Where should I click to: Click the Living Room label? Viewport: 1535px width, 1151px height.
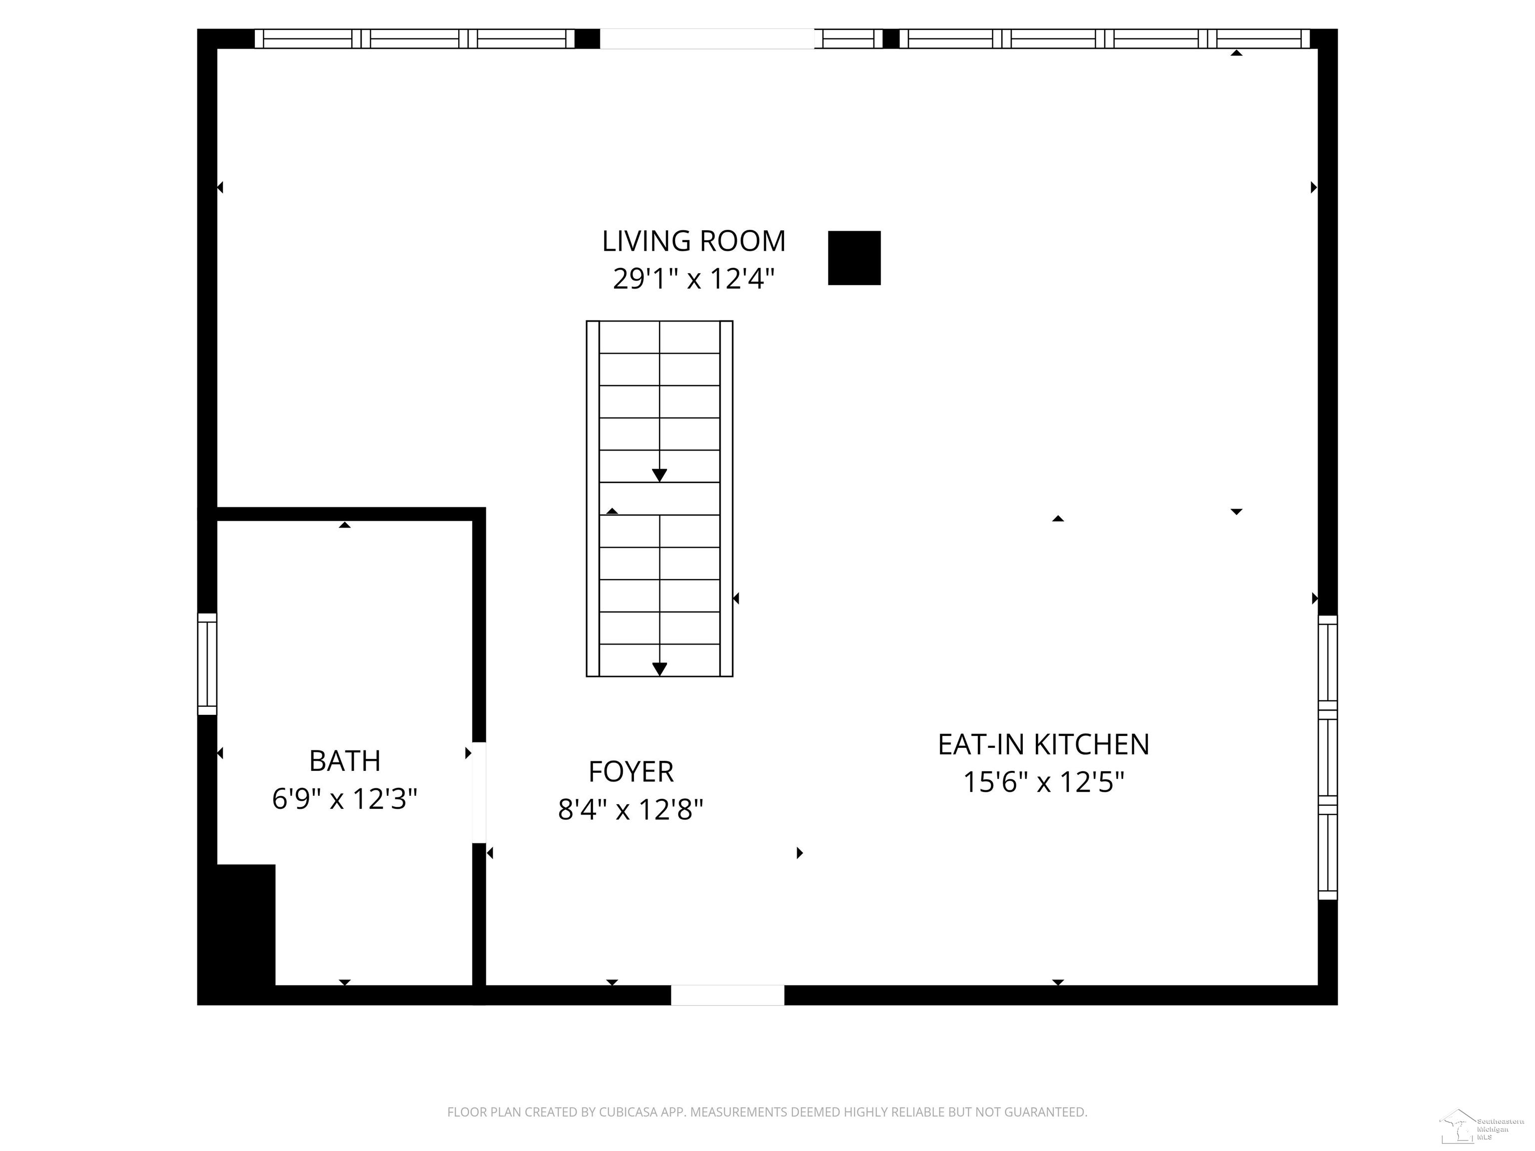pos(693,241)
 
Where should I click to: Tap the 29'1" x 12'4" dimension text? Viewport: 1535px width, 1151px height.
pos(693,279)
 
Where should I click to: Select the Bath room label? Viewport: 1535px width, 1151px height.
pos(345,761)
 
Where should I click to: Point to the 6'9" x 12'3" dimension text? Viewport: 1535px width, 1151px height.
pos(345,798)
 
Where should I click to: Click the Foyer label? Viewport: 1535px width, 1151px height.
pos(631,771)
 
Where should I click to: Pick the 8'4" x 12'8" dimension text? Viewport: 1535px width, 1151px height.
pos(631,809)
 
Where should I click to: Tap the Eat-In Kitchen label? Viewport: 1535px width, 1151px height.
pos(1043,744)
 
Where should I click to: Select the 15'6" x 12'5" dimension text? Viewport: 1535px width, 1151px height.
pos(1043,782)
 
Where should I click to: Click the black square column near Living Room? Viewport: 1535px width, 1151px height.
pos(854,258)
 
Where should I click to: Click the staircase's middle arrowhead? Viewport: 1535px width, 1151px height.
pos(659,475)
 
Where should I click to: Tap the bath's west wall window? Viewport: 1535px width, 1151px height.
pos(207,663)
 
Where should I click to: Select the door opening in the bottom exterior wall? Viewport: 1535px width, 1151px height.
pos(727,995)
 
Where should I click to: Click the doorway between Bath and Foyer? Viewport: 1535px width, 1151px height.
pos(479,792)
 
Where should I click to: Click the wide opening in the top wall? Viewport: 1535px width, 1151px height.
pos(707,39)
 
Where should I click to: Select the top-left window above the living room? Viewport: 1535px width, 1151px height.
pos(414,39)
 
